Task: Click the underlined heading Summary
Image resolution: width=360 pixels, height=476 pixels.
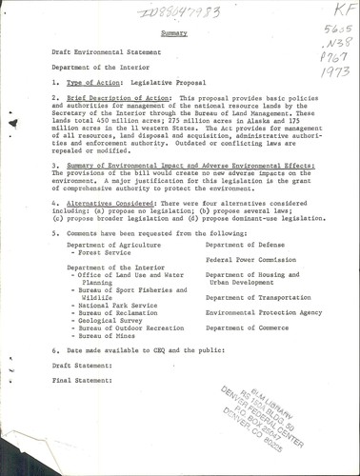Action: pos(173,32)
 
